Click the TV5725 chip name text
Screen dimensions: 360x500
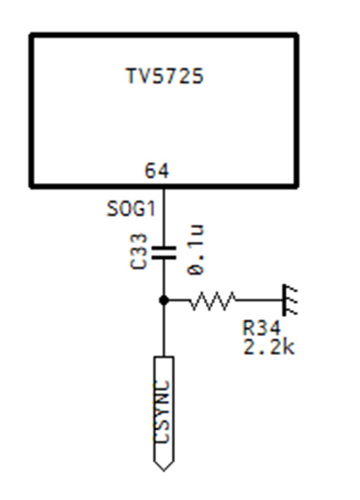coord(165,76)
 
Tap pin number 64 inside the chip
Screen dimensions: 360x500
coord(157,171)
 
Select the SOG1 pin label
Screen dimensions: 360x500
coord(131,209)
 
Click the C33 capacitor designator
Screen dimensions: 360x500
coord(139,251)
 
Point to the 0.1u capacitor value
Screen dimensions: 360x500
coord(195,250)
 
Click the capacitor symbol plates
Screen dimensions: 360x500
coord(164,253)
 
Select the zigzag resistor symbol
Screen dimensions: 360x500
coord(212,300)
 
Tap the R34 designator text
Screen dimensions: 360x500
coord(262,328)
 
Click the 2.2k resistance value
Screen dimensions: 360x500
coord(269,347)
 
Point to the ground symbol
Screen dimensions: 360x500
coord(290,300)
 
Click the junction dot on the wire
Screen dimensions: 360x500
coord(164,300)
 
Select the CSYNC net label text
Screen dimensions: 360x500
coord(164,411)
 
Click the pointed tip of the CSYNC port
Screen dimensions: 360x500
coord(164,470)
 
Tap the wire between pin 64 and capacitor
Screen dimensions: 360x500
coord(164,217)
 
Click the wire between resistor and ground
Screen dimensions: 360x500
coord(259,300)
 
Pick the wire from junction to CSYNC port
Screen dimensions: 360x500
coord(164,328)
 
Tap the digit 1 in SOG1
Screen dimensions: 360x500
coord(150,209)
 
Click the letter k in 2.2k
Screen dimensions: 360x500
coord(289,347)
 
